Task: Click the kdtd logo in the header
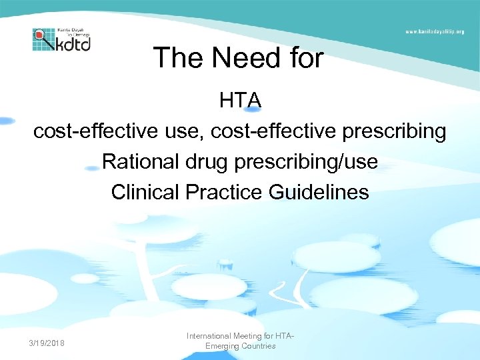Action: coord(61,39)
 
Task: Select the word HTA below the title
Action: coord(240,101)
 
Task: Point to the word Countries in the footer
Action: coord(259,347)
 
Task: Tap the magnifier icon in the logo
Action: coord(40,35)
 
